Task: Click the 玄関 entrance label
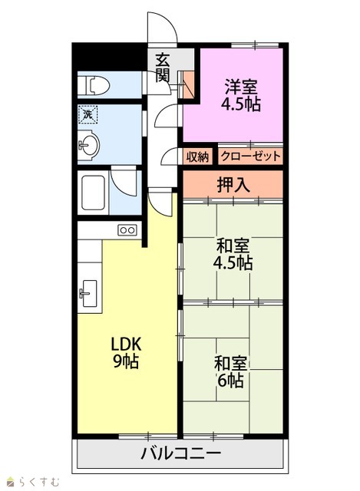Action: coord(163,68)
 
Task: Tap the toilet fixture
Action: coord(94,85)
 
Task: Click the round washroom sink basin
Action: coord(89,145)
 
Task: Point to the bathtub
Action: coord(93,193)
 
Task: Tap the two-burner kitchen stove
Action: coord(127,230)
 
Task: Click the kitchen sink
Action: coord(89,293)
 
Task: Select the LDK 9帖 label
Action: coord(126,353)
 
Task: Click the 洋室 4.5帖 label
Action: coord(241,95)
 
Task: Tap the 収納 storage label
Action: coord(198,157)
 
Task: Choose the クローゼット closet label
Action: coord(250,156)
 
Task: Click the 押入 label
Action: coord(233,186)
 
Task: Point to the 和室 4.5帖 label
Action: coord(233,254)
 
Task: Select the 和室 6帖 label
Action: coord(230,371)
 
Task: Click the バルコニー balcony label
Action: coord(181,453)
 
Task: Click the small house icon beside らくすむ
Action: coord(12,481)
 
